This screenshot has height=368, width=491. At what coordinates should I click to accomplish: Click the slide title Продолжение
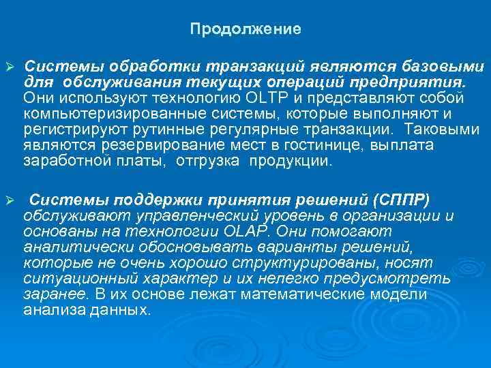[x=245, y=29]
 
